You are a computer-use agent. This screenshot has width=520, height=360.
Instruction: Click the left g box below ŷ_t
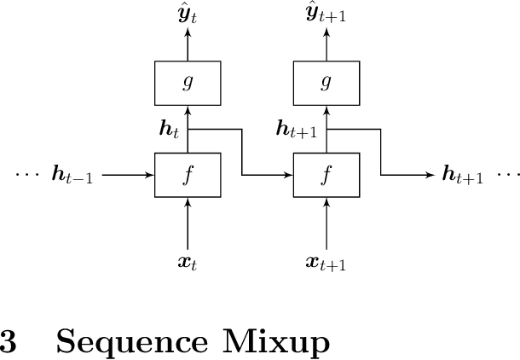pyautogui.click(x=188, y=84)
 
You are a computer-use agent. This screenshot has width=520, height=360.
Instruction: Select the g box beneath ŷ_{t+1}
pyautogui.click(x=326, y=84)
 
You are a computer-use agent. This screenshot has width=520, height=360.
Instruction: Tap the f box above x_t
pyautogui.click(x=188, y=175)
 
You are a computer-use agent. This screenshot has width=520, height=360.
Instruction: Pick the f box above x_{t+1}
pyautogui.click(x=326, y=175)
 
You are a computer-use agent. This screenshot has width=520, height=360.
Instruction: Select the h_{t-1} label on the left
pyautogui.click(x=72, y=176)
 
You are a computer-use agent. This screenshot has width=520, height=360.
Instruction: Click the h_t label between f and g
pyautogui.click(x=170, y=130)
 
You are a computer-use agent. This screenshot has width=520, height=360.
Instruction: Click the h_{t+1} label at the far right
pyautogui.click(x=464, y=176)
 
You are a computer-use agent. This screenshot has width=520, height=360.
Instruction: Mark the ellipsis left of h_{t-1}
pyautogui.click(x=28, y=176)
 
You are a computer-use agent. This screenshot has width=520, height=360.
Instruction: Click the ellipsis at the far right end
pyautogui.click(x=507, y=176)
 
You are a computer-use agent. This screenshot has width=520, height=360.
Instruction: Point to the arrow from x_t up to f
pyautogui.click(x=188, y=224)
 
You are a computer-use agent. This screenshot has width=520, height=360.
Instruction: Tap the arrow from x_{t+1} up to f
pyautogui.click(x=326, y=224)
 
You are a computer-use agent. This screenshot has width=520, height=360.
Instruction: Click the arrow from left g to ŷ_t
pyautogui.click(x=188, y=44)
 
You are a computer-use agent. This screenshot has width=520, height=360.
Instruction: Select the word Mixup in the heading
pyautogui.click(x=276, y=342)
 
